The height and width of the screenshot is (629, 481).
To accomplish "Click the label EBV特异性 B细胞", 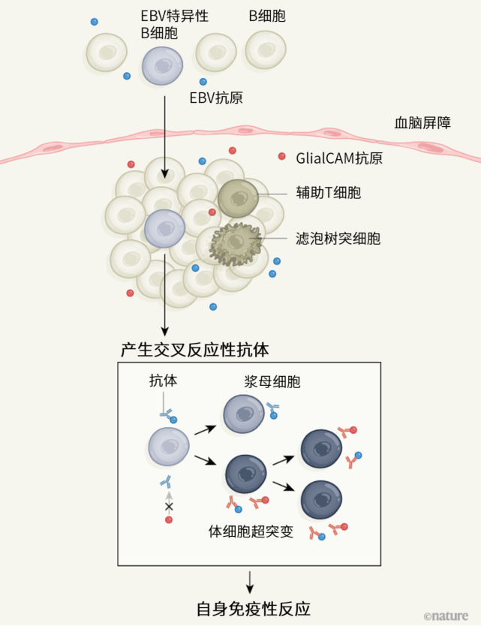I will pyautogui.click(x=174, y=24).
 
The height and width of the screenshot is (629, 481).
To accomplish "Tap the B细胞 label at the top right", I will pyautogui.click(x=267, y=16).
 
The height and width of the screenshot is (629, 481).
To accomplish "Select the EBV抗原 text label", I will pyautogui.click(x=216, y=98).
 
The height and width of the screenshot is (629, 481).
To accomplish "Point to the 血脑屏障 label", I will pyautogui.click(x=422, y=123).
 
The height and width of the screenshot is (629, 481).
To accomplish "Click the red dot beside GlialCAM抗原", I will pyautogui.click(x=282, y=157).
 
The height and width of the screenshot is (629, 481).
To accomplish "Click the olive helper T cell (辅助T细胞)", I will pyautogui.click(x=238, y=198).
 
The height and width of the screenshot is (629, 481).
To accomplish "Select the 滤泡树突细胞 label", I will pyautogui.click(x=338, y=239).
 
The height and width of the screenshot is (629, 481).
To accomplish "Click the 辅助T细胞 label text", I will pyautogui.click(x=328, y=193).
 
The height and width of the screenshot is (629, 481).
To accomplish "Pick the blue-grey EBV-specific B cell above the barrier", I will pyautogui.click(x=162, y=65).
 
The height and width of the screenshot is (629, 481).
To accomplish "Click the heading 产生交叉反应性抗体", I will pyautogui.click(x=194, y=350).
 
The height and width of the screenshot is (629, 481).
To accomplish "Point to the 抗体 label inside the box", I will pyautogui.click(x=164, y=381).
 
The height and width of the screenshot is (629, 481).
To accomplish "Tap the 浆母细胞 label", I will pyautogui.click(x=272, y=381).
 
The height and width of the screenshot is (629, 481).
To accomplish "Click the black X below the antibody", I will pyautogui.click(x=169, y=507).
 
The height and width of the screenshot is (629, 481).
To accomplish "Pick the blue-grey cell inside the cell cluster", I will pyautogui.click(x=165, y=229).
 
